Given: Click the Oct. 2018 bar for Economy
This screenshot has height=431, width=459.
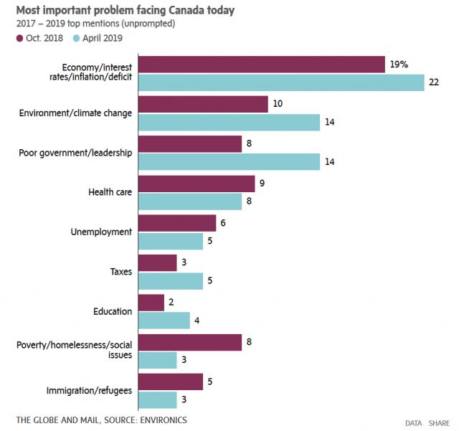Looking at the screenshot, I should point(262,65).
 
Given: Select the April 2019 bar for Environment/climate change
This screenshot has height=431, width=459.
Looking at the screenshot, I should point(229,123).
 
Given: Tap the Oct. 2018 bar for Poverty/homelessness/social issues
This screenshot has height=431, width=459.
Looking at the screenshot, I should point(189,341).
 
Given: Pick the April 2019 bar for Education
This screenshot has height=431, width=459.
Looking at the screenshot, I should point(164,320).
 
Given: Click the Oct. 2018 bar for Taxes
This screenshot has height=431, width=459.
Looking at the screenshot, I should point(157,263).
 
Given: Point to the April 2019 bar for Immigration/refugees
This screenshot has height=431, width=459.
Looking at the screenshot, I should point(157,399).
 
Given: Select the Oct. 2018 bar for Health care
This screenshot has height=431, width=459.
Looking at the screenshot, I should point(196,184).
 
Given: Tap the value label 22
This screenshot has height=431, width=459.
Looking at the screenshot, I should point(434,83).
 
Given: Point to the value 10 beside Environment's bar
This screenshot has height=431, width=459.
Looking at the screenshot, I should point(278,105).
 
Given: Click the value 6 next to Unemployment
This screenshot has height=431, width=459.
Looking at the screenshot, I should point(224,223).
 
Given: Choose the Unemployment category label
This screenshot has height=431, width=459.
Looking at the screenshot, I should point(101,232).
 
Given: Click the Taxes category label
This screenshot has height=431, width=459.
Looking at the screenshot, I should point(120,272).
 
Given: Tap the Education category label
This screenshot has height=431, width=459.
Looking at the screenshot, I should point(113,311).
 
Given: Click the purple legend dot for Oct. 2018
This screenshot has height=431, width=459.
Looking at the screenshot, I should point(19,38).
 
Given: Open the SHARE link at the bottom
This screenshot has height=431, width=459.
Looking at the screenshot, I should point(439,424).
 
